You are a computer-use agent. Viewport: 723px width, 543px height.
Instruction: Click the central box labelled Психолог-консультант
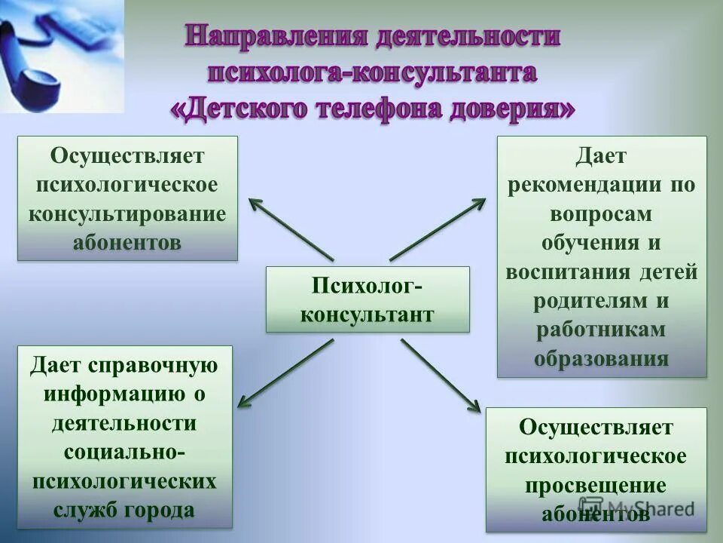[x=368, y=299]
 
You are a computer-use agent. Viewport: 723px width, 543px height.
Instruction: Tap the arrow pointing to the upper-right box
[x=438, y=229]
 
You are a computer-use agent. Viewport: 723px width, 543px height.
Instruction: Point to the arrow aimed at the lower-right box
[x=440, y=375]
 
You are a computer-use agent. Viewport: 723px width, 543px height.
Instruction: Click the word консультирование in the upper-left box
[x=127, y=213]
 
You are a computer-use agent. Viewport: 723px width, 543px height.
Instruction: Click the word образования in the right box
[x=602, y=357]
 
